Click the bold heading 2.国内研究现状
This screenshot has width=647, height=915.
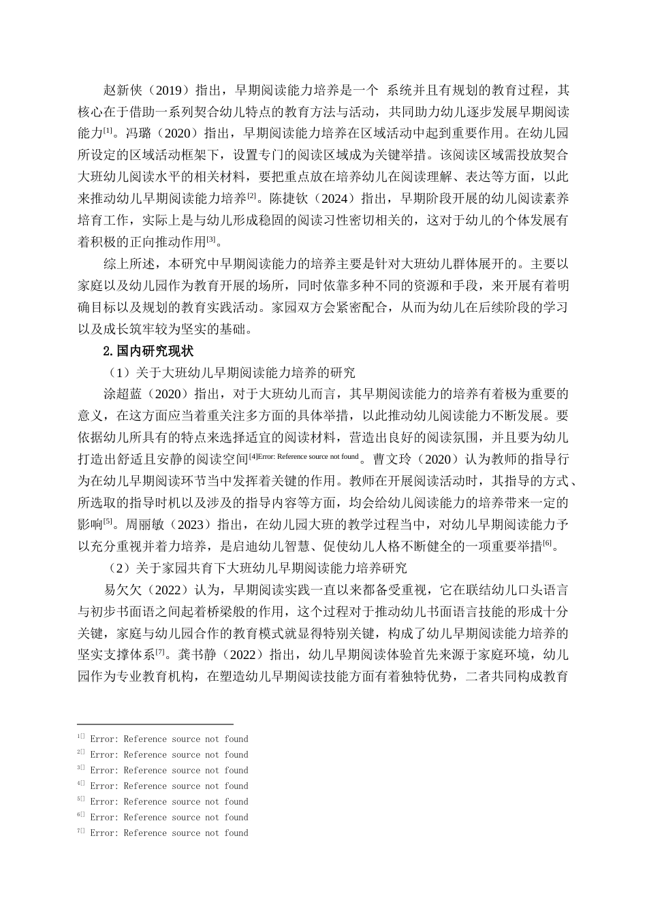[x=148, y=351]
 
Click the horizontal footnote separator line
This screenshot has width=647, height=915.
[x=155, y=724]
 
